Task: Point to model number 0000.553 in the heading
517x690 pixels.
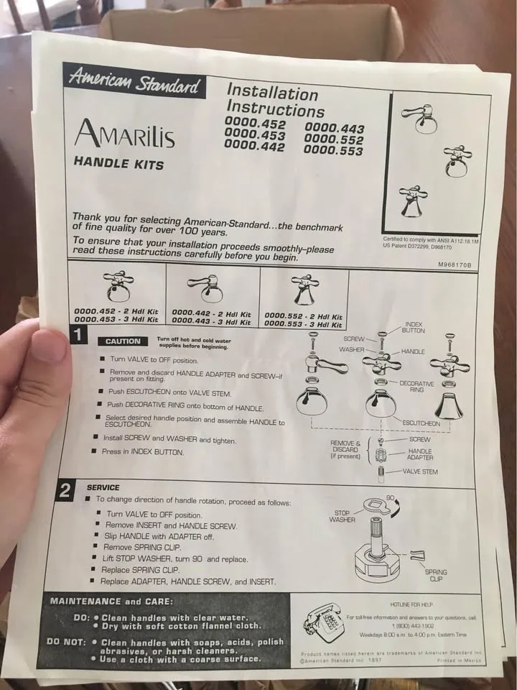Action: click(x=333, y=150)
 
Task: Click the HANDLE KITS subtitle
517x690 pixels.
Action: click(x=118, y=163)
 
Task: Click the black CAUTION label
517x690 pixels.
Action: click(x=123, y=341)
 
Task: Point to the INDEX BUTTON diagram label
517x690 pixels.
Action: click(x=414, y=328)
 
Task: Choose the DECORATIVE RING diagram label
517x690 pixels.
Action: click(x=416, y=387)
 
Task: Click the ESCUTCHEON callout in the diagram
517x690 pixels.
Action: click(x=421, y=423)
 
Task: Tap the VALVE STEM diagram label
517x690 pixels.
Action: click(x=420, y=471)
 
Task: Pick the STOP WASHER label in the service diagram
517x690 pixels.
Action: click(x=342, y=516)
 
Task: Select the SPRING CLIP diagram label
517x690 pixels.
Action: click(x=436, y=575)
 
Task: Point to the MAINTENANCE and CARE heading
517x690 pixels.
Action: click(x=111, y=601)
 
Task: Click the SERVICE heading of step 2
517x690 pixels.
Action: click(x=103, y=487)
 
